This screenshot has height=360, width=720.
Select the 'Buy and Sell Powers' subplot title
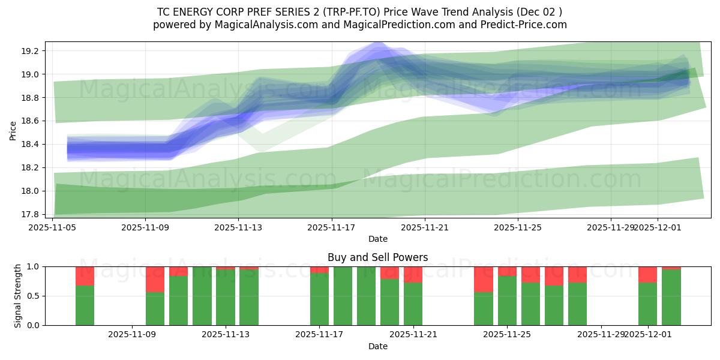(x=377, y=257)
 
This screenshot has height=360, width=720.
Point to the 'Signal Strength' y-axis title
(x=18, y=296)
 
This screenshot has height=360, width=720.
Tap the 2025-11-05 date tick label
(x=53, y=227)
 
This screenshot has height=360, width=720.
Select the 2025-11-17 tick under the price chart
(x=332, y=227)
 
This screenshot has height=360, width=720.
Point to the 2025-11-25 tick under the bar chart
(x=507, y=335)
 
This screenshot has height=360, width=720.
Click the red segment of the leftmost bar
(x=85, y=276)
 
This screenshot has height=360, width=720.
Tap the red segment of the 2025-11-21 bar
(x=413, y=275)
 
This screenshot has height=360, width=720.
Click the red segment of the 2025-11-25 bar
(x=507, y=271)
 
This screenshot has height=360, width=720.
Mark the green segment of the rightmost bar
(x=671, y=297)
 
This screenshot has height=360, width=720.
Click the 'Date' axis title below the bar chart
(x=377, y=346)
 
